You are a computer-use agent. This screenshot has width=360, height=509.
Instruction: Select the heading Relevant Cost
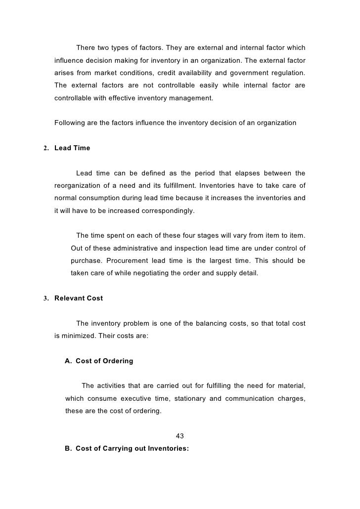click(79, 298)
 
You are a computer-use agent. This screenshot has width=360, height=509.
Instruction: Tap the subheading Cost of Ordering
click(104, 361)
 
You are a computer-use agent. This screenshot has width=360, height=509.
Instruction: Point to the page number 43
click(180, 436)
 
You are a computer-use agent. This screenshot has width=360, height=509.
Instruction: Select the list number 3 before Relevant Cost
click(46, 298)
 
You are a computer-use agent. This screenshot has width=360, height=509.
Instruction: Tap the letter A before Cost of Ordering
click(68, 361)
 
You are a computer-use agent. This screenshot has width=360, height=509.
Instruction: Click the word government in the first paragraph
click(244, 73)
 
